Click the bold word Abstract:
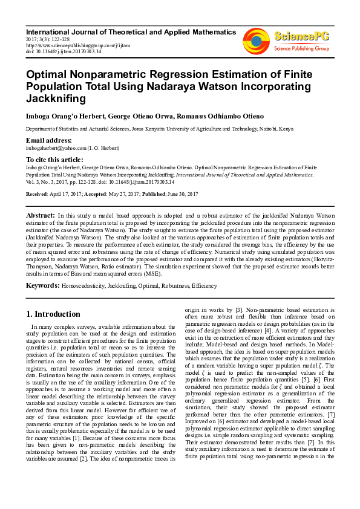coord(41,215)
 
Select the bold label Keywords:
coord(42,285)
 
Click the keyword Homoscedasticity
coord(83,285)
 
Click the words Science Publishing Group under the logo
coord(301,48)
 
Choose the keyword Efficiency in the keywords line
coord(204,285)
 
